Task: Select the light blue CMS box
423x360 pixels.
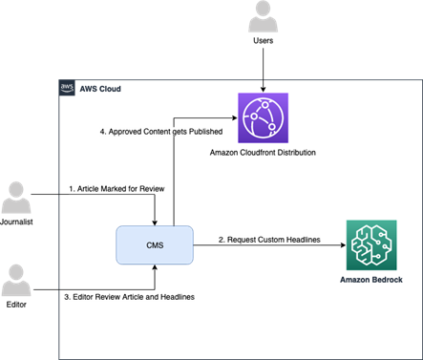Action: click(155, 245)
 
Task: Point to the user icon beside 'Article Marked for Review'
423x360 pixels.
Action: click(16, 197)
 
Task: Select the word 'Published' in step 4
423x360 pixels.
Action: click(204, 132)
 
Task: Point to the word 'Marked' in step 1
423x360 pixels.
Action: click(112, 189)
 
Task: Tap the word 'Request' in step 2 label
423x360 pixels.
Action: click(241, 240)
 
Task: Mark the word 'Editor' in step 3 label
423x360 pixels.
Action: click(83, 298)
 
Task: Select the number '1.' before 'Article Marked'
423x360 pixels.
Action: click(72, 189)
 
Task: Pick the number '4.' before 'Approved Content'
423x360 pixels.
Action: click(103, 132)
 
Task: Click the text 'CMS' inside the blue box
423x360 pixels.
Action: click(155, 245)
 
